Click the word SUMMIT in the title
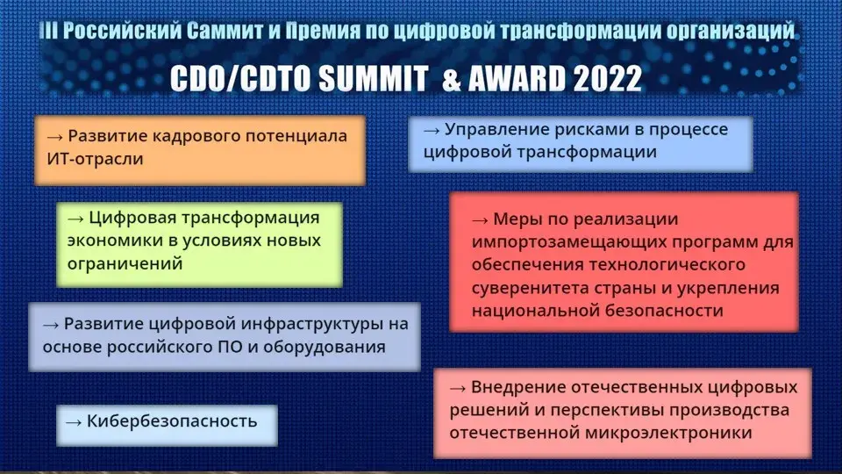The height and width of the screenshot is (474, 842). pyautogui.click(x=373, y=78)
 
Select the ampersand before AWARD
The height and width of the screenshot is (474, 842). pyautogui.click(x=453, y=79)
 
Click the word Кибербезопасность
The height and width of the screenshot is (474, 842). pyautogui.click(x=172, y=420)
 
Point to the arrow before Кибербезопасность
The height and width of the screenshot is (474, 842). pyautogui.click(x=74, y=422)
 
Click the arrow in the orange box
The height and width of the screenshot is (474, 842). pyautogui.click(x=54, y=137)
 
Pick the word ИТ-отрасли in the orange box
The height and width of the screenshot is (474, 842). pyautogui.click(x=95, y=159)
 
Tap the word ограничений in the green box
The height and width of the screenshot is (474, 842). pyautogui.click(x=125, y=263)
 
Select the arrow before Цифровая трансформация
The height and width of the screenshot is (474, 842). pyautogui.click(x=75, y=219)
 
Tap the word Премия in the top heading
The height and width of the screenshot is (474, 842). pyautogui.click(x=323, y=31)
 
